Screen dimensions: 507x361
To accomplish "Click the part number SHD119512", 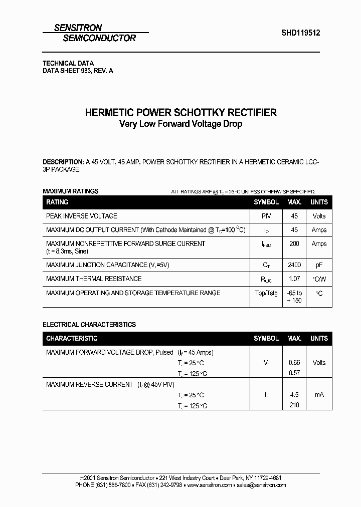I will coord(300,33).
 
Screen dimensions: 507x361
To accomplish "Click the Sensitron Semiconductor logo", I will coord(95,33).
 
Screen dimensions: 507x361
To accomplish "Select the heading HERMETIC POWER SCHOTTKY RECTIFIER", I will coord(180,113).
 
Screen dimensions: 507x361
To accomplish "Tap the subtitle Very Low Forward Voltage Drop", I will coord(180,124).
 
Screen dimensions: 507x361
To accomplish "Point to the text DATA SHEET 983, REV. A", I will coord(78,71).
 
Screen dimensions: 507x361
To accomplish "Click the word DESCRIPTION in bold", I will coord(63,162).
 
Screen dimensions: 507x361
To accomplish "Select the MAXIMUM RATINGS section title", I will coord(70,191).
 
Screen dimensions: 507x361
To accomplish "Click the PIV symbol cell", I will coord(266,216).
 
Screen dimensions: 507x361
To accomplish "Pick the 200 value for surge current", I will coord(294,243).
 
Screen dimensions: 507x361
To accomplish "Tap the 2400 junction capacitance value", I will coord(294,265).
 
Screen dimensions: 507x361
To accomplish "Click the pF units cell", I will coord(319,265).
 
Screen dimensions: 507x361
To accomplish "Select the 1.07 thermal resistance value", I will coord(294,279).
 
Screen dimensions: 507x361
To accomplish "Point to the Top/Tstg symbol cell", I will coord(266,293).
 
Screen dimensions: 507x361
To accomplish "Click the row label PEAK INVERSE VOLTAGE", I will coord(82,216).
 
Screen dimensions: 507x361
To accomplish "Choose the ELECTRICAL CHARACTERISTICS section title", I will coord(89,325).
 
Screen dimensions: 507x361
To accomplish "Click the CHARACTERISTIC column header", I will coord(72,339).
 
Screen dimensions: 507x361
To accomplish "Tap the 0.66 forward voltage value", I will coord(294,363).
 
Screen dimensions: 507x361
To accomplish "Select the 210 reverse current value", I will coord(294,405).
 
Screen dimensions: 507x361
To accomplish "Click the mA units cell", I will coord(319,395).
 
